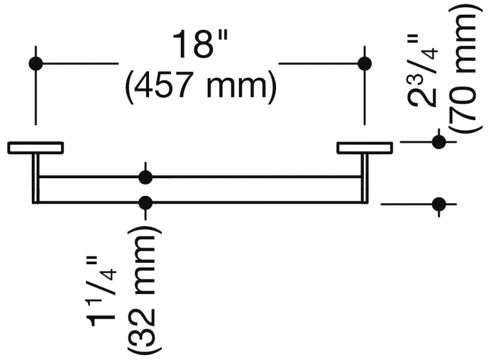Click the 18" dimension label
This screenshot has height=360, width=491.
(x=200, y=45)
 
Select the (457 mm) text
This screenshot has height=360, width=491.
(x=201, y=85)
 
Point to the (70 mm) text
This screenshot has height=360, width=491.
(x=462, y=71)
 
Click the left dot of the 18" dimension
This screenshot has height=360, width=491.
(x=35, y=63)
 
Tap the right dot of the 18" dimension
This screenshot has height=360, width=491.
(x=365, y=63)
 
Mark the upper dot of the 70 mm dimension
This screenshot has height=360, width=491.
(x=438, y=142)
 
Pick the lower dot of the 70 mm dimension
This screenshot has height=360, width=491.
(x=438, y=204)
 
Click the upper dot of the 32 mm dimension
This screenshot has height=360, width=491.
(x=145, y=177)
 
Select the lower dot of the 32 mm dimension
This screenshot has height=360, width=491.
(x=145, y=203)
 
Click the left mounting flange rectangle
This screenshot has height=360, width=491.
(x=35, y=148)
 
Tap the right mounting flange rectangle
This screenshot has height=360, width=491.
(x=365, y=148)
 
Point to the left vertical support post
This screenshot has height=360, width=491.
(x=35, y=179)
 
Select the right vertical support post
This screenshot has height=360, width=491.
(x=365, y=179)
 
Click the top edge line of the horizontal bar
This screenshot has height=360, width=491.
(x=200, y=177)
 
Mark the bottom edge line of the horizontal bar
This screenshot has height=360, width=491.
(x=200, y=203)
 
